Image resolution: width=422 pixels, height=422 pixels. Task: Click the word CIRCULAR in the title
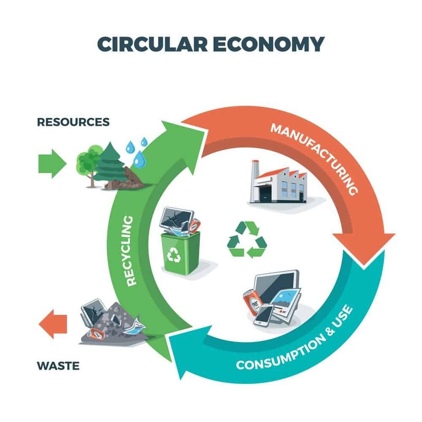click(152, 44)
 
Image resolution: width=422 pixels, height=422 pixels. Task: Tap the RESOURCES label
click(73, 122)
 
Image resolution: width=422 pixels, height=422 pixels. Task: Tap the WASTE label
click(58, 366)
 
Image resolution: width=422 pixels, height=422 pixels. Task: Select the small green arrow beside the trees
click(52, 164)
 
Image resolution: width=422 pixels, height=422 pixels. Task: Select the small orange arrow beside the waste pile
click(53, 324)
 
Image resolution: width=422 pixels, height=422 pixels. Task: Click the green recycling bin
click(180, 253)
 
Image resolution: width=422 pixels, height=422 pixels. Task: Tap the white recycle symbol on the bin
click(174, 255)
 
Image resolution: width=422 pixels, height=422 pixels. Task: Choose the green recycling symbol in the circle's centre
click(247, 239)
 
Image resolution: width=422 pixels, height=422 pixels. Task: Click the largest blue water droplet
click(139, 159)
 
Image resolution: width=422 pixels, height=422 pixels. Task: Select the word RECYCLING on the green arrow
click(130, 250)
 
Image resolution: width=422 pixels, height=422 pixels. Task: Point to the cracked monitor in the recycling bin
click(176, 218)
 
